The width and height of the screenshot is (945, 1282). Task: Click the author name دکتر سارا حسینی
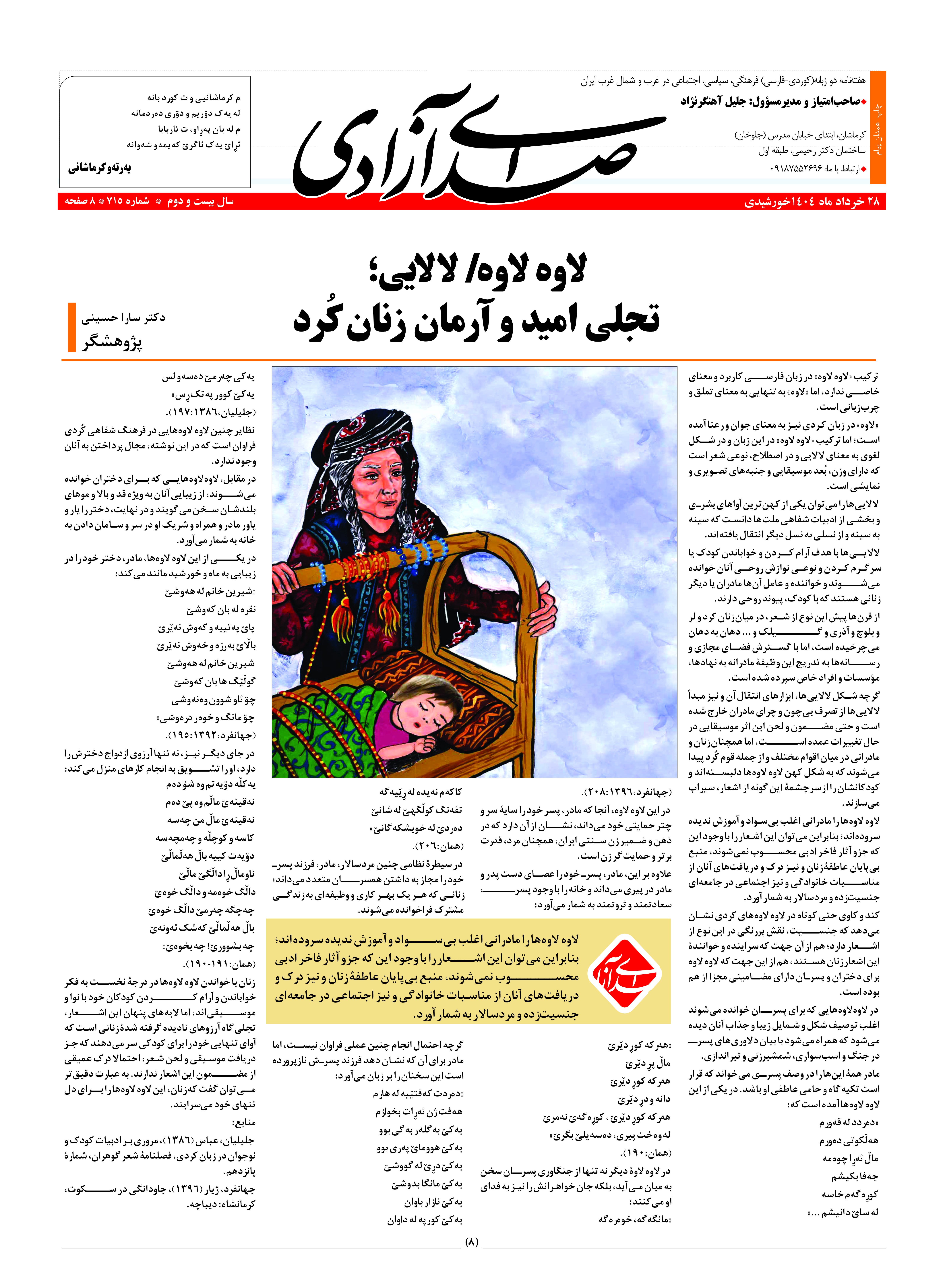pyautogui.click(x=123, y=317)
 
